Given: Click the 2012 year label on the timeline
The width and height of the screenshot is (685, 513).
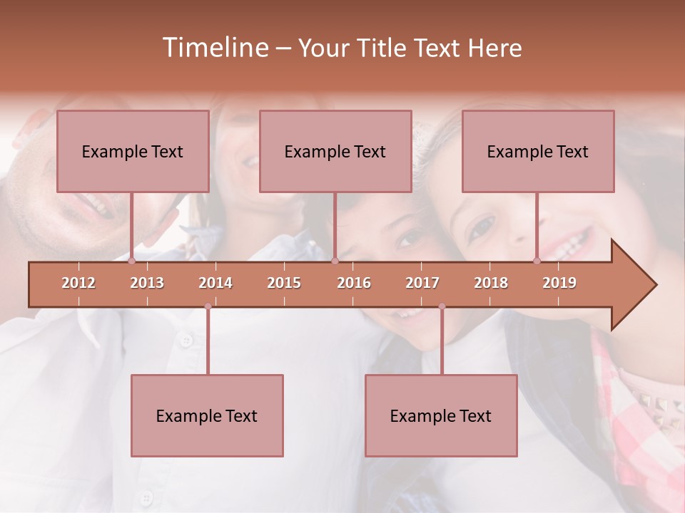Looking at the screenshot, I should click(78, 283).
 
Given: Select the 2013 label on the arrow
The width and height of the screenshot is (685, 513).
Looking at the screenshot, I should click(147, 283).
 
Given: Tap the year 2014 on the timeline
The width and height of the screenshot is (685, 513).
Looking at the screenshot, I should click(215, 283).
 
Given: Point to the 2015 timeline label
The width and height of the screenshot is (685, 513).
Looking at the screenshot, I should click(284, 283).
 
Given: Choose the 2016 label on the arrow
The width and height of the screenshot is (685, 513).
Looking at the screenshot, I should click(354, 283).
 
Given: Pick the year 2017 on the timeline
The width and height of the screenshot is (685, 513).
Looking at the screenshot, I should click(422, 283).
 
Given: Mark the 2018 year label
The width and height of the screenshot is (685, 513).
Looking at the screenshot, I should click(491, 283).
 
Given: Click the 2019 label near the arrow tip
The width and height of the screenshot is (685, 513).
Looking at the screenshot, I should click(559, 283).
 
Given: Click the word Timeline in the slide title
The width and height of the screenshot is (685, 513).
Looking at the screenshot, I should click(214, 48).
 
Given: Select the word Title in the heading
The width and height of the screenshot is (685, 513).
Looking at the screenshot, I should click(382, 48).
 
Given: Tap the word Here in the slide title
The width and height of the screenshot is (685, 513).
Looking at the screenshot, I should click(494, 48).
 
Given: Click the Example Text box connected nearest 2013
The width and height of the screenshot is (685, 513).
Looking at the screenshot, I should click(133, 151).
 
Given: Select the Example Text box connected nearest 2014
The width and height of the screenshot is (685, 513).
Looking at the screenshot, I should click(207, 415).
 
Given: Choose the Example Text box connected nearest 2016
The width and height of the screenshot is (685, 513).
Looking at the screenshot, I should click(335, 151).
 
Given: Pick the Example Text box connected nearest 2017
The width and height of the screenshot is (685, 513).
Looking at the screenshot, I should click(441, 415).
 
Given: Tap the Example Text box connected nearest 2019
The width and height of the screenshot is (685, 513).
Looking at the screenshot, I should click(538, 151).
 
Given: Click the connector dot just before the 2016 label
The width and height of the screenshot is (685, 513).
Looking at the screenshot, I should click(335, 261).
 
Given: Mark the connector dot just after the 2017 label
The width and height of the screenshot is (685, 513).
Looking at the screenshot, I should click(442, 306).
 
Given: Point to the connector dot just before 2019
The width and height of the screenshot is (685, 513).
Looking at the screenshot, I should click(537, 261).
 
